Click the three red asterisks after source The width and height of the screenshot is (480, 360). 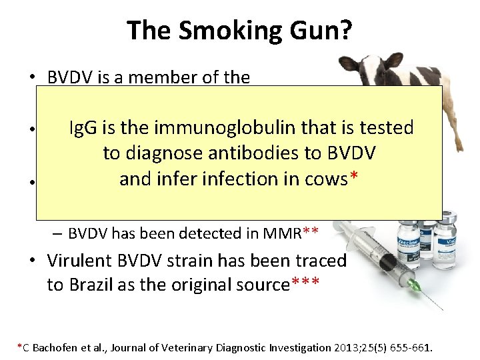[306, 283]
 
